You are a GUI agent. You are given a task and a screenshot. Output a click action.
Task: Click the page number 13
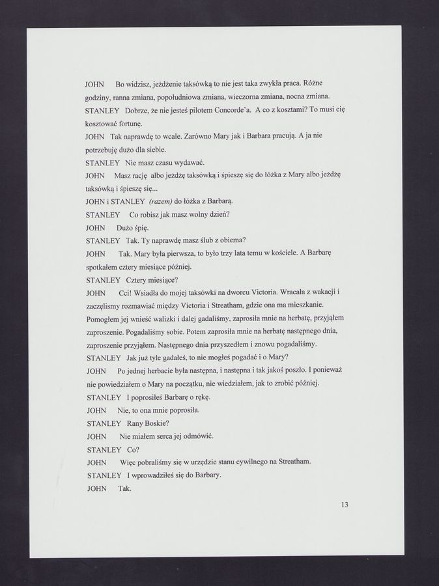tap(345, 504)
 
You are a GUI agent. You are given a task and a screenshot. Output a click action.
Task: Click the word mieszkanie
tap(304, 305)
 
